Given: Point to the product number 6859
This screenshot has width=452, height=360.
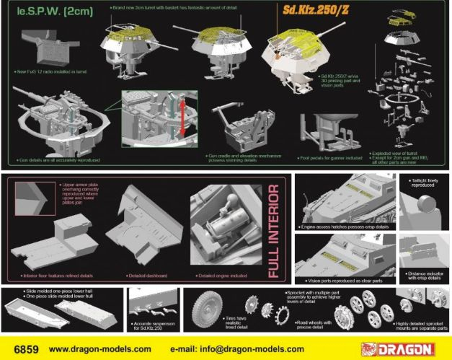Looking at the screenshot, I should pos(21,348).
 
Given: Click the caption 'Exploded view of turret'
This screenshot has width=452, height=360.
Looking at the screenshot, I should pos(404,154).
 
